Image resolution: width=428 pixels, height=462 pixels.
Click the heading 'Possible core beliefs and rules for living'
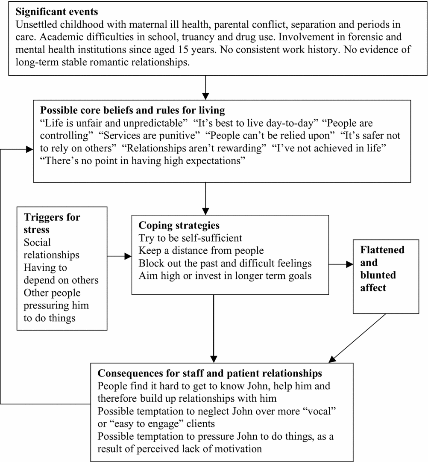coord(132,110)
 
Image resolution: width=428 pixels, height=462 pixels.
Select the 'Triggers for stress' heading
coord(52,223)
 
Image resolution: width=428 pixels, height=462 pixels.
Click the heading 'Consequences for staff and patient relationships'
coord(210,374)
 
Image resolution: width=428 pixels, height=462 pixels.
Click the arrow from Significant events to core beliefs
coord(206,88)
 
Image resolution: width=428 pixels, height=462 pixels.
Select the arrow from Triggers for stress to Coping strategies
coord(119,256)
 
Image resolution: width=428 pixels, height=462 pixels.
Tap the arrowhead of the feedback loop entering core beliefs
coord(30,149)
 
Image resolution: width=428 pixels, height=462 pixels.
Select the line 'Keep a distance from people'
coord(201,250)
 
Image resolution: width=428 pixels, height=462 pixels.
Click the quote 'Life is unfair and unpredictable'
coord(113,123)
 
